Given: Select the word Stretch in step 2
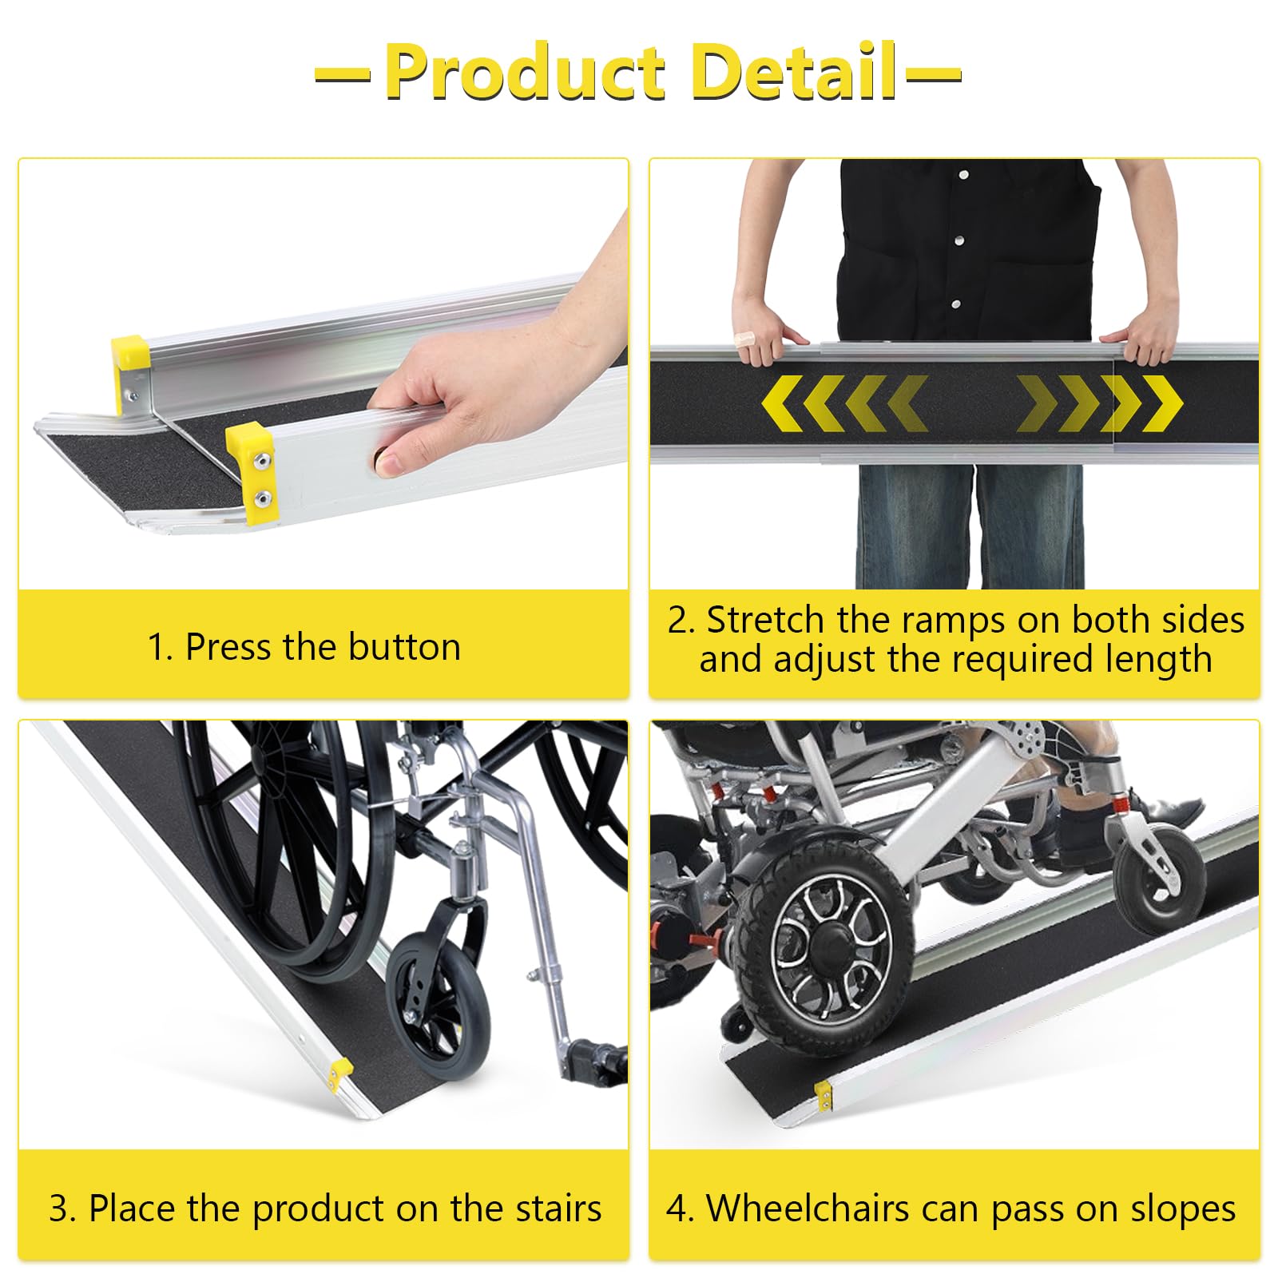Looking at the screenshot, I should (x=766, y=620).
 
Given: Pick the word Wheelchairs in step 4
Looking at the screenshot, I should (x=808, y=1208).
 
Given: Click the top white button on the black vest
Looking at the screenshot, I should (x=964, y=175).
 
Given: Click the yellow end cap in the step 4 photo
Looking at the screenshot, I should (x=823, y=1093).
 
